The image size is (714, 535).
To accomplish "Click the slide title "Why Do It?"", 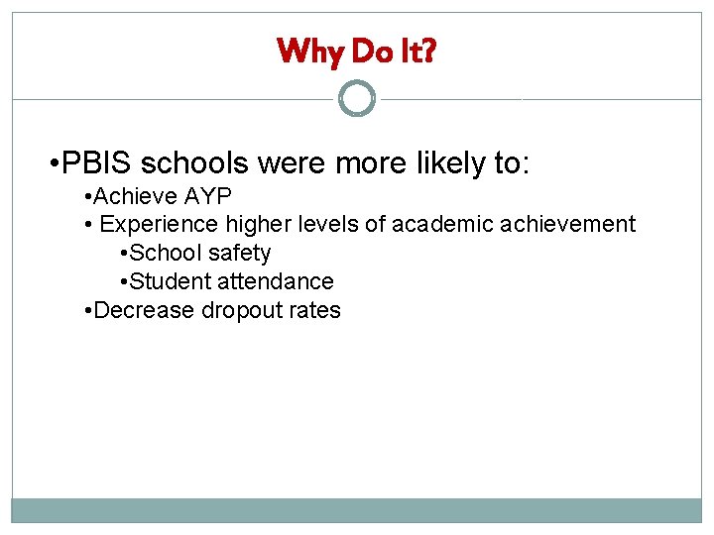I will [x=356, y=50].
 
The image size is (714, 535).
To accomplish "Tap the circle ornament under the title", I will [x=357, y=99].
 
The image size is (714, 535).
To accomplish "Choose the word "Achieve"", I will [x=136, y=195].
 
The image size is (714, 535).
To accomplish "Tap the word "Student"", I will [x=170, y=281].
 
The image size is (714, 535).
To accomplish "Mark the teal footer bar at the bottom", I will [x=357, y=510].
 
